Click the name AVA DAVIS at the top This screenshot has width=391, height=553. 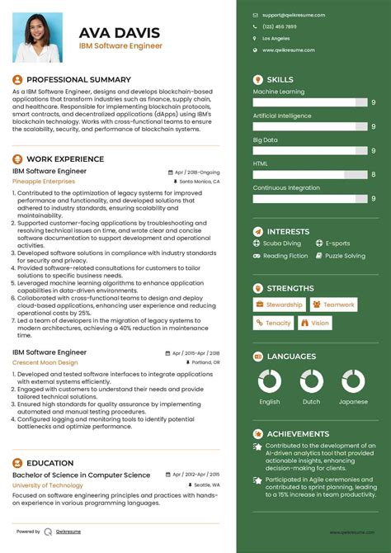tap(120, 32)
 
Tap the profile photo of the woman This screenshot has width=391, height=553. tap(37, 37)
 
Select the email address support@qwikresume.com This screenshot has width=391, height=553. tap(293, 15)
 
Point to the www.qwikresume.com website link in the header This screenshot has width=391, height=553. tap(294, 50)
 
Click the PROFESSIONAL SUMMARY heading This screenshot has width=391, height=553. tap(78, 80)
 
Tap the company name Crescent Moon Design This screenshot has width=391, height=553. tap(45, 362)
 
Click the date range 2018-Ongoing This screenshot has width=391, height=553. tap(200, 172)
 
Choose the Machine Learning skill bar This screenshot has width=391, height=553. tap(310, 102)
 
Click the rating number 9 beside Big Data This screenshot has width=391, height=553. tap(373, 151)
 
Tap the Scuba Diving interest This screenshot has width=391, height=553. tap(282, 243)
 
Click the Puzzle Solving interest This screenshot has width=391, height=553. tap(345, 256)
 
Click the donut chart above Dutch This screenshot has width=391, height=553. tap(311, 381)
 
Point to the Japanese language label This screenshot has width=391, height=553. tap(353, 402)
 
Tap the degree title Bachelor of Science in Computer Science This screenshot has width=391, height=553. tap(81, 475)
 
